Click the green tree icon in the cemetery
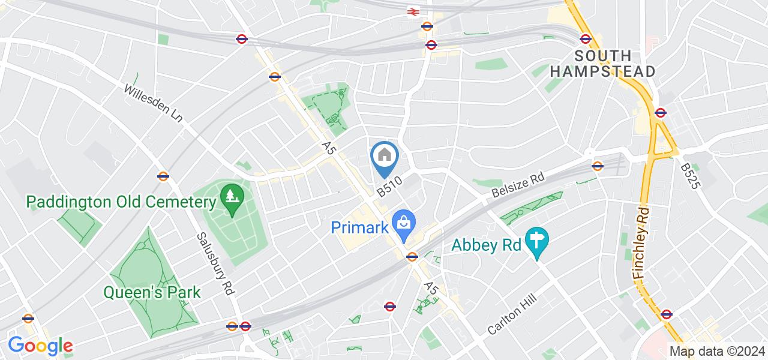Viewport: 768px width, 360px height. click(x=230, y=196)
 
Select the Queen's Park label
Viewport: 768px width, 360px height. click(x=152, y=292)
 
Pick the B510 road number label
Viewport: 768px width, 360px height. click(x=389, y=185)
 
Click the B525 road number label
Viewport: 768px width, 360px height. click(x=691, y=176)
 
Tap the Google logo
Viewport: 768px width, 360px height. click(x=40, y=345)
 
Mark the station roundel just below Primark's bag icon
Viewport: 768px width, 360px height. click(x=412, y=257)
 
